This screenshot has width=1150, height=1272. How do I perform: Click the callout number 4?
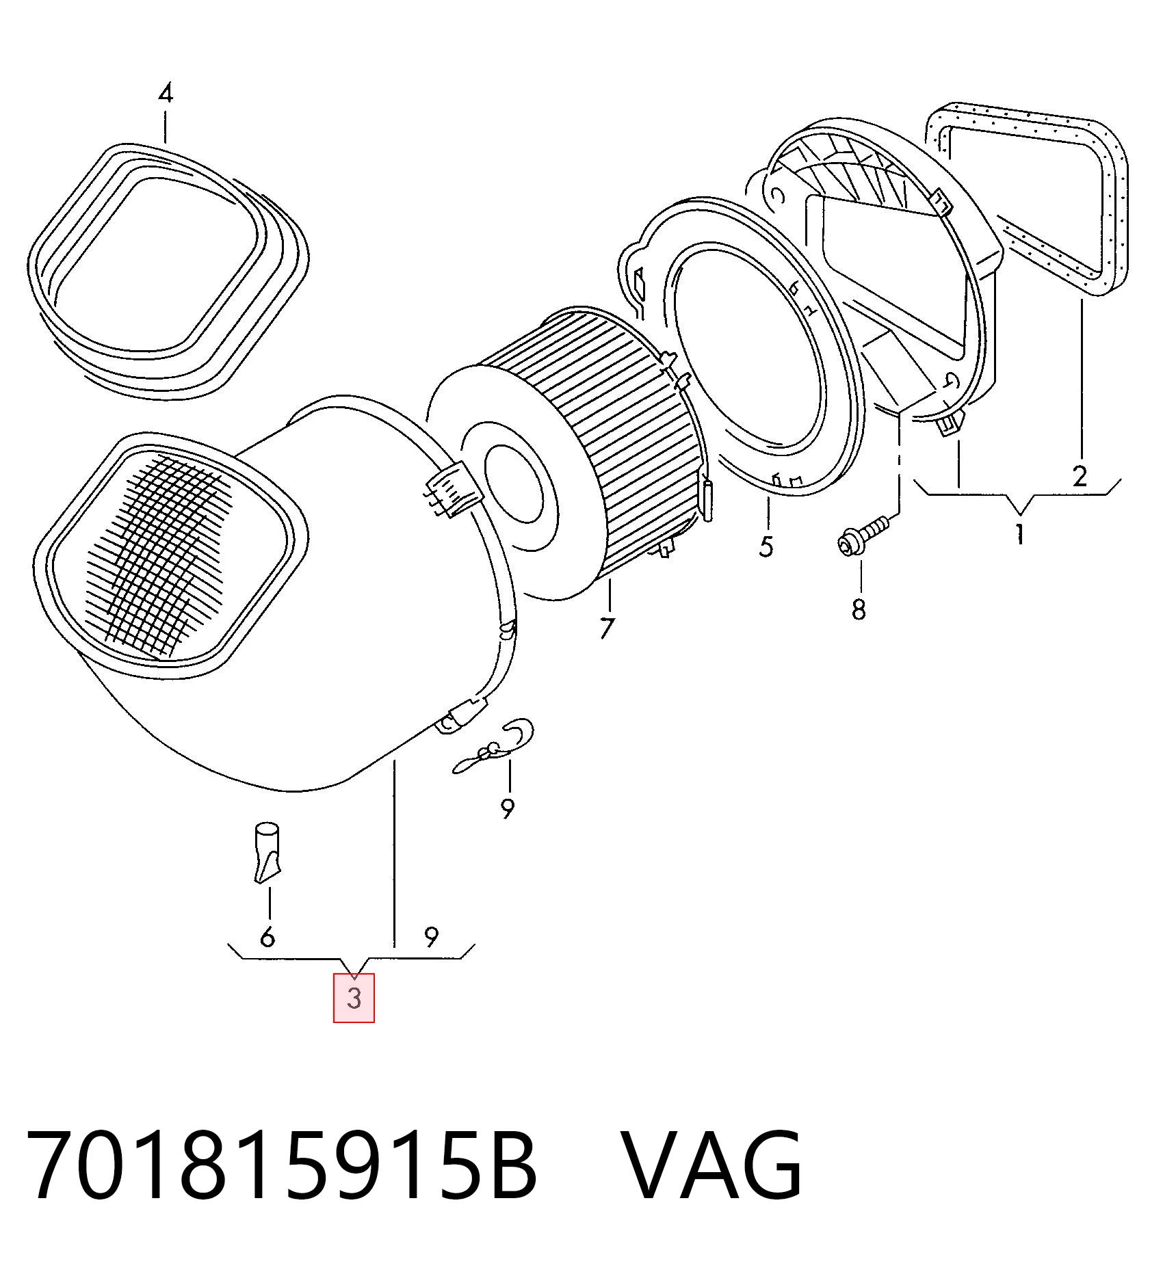[166, 93]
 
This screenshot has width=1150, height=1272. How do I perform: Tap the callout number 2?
[1080, 475]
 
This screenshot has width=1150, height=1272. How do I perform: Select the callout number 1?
[1019, 533]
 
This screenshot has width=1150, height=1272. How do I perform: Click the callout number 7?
[607, 628]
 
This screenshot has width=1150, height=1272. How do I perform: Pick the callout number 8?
[859, 609]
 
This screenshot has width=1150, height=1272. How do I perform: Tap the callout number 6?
[267, 936]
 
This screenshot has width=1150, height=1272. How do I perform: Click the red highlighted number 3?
[354, 998]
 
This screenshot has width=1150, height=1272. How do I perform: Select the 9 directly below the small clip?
[507, 808]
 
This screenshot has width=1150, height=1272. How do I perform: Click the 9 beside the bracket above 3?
[431, 936]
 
